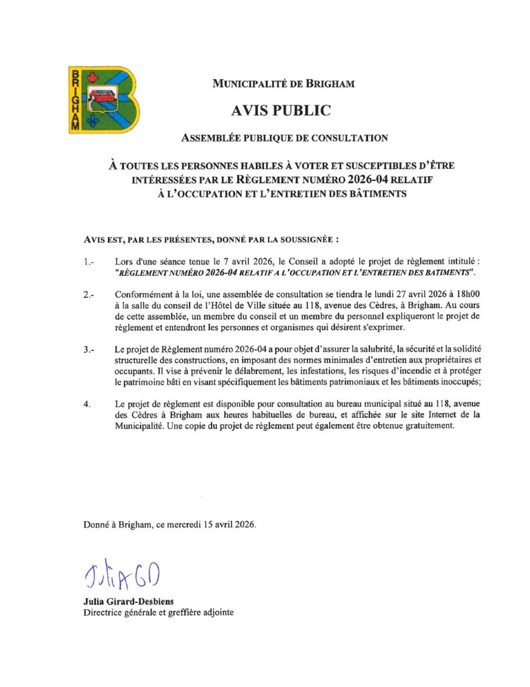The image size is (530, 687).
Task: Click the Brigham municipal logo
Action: pyautogui.click(x=105, y=99)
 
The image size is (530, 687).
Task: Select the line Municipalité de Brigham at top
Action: pyautogui.click(x=283, y=84)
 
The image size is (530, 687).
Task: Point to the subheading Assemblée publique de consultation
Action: pyautogui.click(x=285, y=138)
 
